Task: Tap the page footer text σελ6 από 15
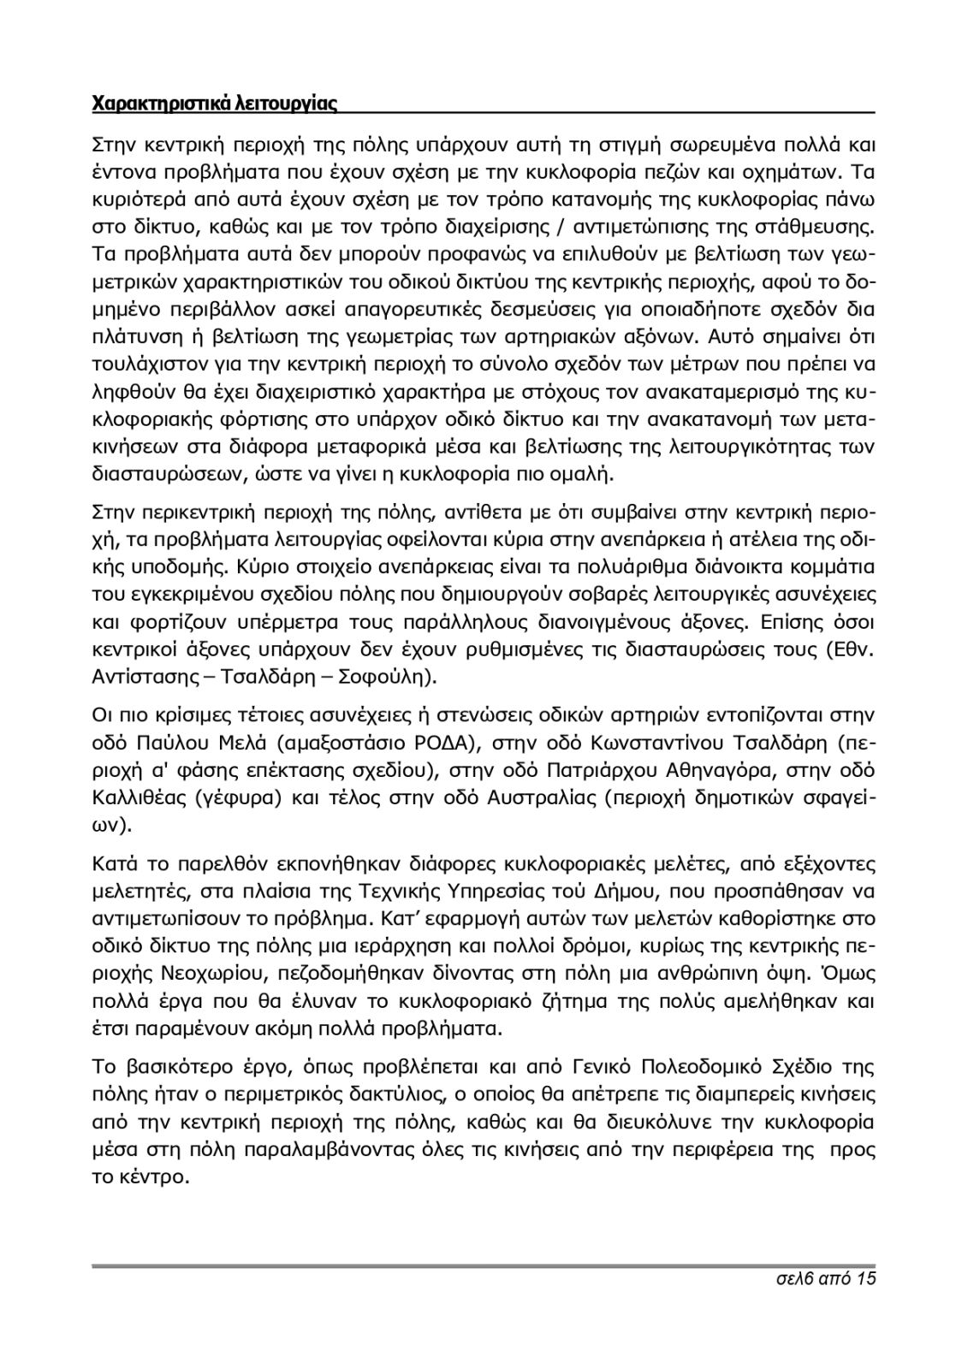pos(822,1279)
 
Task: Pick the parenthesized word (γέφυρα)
pos(240,798)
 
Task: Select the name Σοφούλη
pos(395,678)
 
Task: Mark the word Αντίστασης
pos(143,678)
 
